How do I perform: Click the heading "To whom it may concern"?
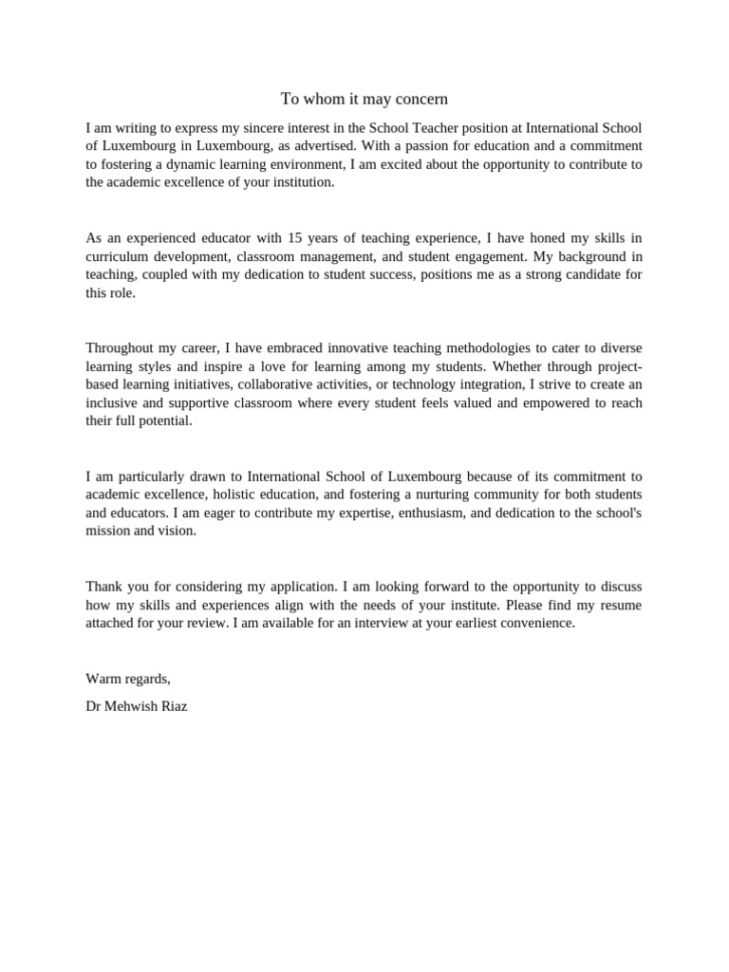364,99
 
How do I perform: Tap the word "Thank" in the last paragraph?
103,587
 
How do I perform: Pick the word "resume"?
619,605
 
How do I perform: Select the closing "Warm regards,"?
128,679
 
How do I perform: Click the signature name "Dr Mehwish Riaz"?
137,706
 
